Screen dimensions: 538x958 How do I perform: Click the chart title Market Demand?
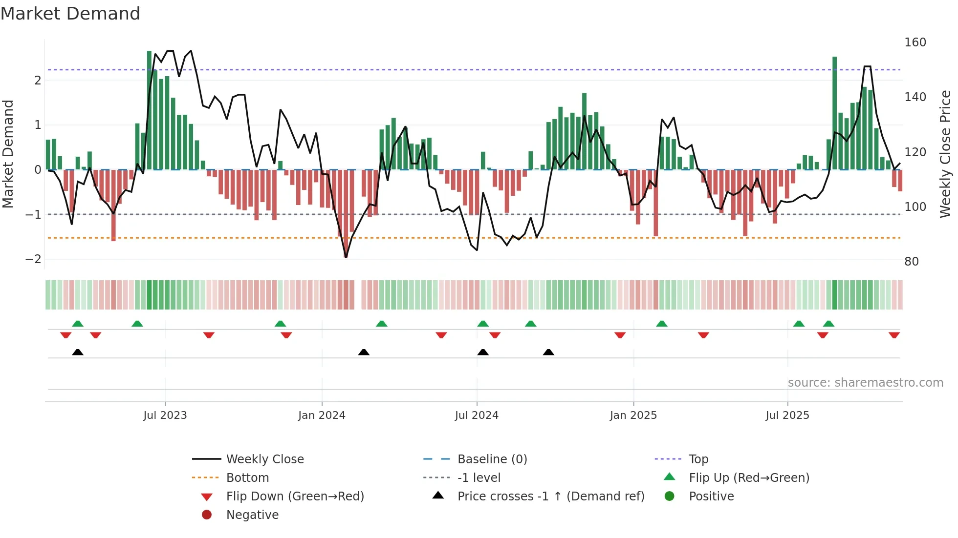click(70, 14)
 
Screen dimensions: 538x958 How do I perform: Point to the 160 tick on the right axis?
click(914, 42)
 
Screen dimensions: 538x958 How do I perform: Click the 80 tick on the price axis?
click(911, 262)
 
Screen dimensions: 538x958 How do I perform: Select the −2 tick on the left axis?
click(33, 259)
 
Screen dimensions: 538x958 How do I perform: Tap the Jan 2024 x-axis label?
click(322, 415)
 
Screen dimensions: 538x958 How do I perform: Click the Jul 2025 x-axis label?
click(787, 415)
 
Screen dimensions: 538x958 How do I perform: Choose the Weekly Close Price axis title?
click(945, 154)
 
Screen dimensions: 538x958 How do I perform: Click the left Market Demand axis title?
click(8, 154)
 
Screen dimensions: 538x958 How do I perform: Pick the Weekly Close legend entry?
click(264, 459)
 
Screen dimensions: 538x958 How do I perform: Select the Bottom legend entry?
click(247, 478)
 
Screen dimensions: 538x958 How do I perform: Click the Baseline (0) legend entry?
click(492, 459)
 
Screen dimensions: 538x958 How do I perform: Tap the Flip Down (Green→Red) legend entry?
click(295, 497)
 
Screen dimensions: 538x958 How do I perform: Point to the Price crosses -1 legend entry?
click(550, 497)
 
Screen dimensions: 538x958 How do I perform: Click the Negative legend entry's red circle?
click(207, 515)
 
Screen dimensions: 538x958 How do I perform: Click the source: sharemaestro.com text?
click(865, 383)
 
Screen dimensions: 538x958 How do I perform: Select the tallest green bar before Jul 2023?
click(150, 110)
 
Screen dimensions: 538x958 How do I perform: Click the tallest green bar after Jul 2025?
click(834, 113)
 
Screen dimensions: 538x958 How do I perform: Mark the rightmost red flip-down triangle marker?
click(894, 335)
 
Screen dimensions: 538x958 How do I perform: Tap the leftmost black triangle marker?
click(78, 352)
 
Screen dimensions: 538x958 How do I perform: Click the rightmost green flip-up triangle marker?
click(828, 324)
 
